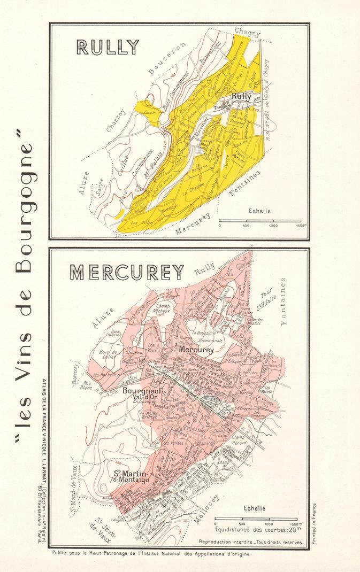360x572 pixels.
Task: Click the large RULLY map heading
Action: point(108,47)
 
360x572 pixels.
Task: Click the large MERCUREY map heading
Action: point(127,272)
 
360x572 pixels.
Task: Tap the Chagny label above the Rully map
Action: point(247,33)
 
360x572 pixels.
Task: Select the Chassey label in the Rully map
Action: point(116,120)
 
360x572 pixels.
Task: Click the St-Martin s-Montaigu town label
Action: point(130,476)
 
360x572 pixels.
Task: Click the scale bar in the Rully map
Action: point(260,220)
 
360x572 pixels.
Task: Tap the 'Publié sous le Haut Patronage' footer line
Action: point(151,554)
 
